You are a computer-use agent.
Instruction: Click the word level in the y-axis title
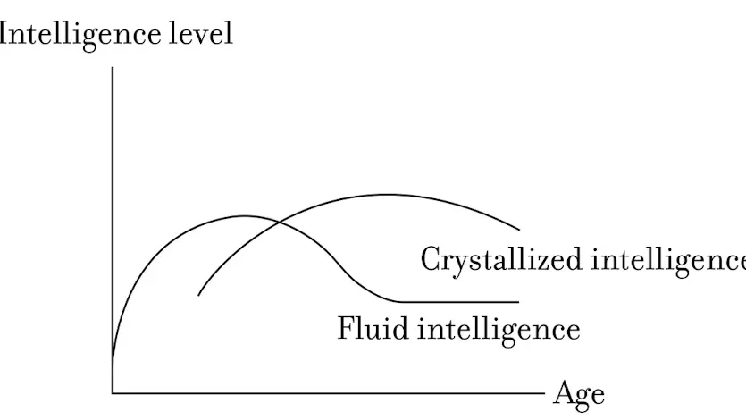[201, 34]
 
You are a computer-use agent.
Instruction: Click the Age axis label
[579, 395]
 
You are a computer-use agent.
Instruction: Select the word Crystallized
[501, 260]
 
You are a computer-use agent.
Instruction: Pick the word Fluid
[373, 328]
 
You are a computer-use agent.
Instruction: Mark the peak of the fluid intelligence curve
[244, 216]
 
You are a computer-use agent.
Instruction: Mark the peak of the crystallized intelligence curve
[390, 195]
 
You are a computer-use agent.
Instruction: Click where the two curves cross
[279, 223]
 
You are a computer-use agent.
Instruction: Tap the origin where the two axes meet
[113, 393]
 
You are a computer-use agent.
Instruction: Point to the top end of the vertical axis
[113, 68]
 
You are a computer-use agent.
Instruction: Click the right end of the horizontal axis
[544, 393]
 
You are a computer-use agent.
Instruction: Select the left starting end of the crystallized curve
[198, 296]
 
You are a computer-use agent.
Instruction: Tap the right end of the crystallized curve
[519, 230]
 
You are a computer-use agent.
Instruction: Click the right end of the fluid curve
[518, 302]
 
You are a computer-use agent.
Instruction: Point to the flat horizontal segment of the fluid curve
[459, 302]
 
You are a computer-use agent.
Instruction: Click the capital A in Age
[565, 392]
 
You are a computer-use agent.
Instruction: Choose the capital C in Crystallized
[432, 259]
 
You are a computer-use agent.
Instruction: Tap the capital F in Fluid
[347, 328]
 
